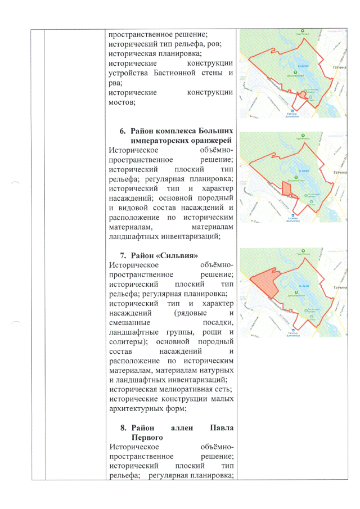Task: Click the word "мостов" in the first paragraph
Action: point(122,102)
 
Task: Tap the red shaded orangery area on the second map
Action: point(288,188)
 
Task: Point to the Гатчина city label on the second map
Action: point(340,170)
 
